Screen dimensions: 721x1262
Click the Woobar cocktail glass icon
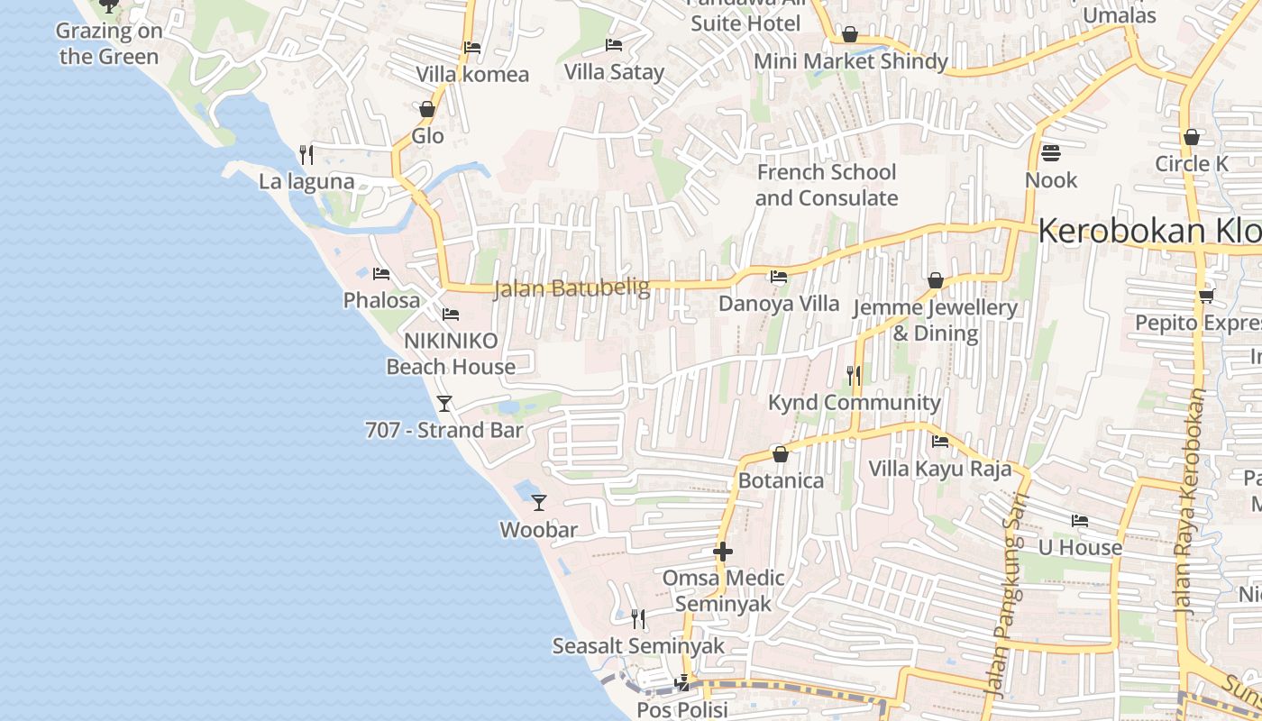pos(539,502)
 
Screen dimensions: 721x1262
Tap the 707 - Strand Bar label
pos(444,430)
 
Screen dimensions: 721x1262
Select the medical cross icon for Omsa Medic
pos(723,552)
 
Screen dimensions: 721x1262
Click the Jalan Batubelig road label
pos(572,288)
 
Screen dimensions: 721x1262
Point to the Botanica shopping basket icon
pos(781,454)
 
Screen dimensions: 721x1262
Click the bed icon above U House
pos(1079,520)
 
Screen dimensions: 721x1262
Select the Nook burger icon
pos(1050,152)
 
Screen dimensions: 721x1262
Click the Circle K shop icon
pos(1192,137)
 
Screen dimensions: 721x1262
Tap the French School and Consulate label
pos(827,185)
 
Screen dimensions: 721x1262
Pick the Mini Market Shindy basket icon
pos(849,34)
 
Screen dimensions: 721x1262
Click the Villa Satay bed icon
pos(614,44)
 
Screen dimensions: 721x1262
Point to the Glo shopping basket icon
pos(427,109)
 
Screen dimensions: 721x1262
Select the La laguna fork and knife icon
pos(306,154)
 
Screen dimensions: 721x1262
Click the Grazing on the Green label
pos(109,43)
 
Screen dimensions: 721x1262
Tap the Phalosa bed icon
pos(381,273)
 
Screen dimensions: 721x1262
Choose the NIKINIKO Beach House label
pos(451,353)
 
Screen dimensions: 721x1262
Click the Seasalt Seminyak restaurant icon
pos(638,618)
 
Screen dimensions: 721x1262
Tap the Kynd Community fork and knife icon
pos(853,375)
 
